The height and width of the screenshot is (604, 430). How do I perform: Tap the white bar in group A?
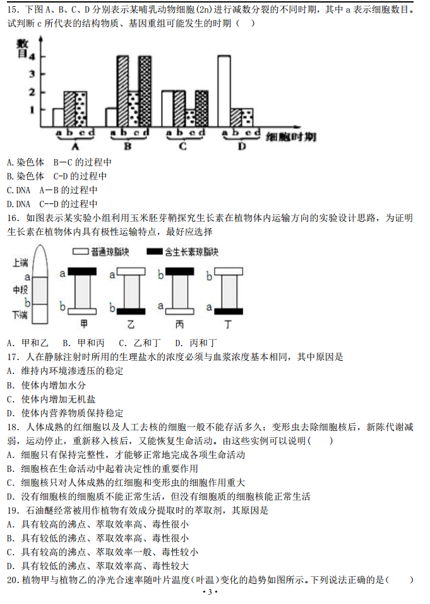coord(58,118)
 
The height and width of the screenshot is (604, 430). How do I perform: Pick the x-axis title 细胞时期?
coord(290,137)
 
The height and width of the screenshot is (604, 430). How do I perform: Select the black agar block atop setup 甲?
coord(83,272)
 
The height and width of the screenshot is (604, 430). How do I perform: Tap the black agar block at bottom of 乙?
coord(132,310)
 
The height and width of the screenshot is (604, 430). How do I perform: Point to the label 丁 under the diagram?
coord(228,324)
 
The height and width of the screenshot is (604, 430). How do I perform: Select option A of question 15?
coord(9,162)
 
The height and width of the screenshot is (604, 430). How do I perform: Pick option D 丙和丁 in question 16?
coord(196,343)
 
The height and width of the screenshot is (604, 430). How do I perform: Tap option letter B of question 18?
coord(10,469)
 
